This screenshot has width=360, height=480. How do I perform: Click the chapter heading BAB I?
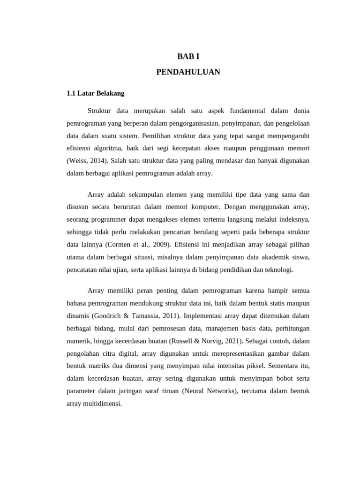188,57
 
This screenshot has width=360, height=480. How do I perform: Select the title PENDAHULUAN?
188,72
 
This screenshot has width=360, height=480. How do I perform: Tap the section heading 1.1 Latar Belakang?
96,93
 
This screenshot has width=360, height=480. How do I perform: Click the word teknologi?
278,270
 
